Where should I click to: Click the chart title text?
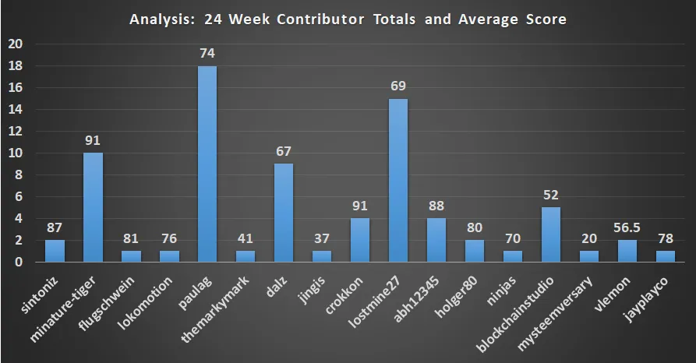coord(348,19)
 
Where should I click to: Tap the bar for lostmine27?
coord(398,180)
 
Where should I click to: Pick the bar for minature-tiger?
coord(93,207)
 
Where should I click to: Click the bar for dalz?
coord(284,213)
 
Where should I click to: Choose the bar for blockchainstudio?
coord(551,234)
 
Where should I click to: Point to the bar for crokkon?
coord(360,240)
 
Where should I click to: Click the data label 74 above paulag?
coord(207,54)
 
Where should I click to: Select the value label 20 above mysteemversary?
coord(589,238)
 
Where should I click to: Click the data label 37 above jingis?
coord(322,238)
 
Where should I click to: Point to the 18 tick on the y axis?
coord(15,66)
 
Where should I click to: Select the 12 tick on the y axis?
coord(15,132)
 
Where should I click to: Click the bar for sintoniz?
coord(55,251)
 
